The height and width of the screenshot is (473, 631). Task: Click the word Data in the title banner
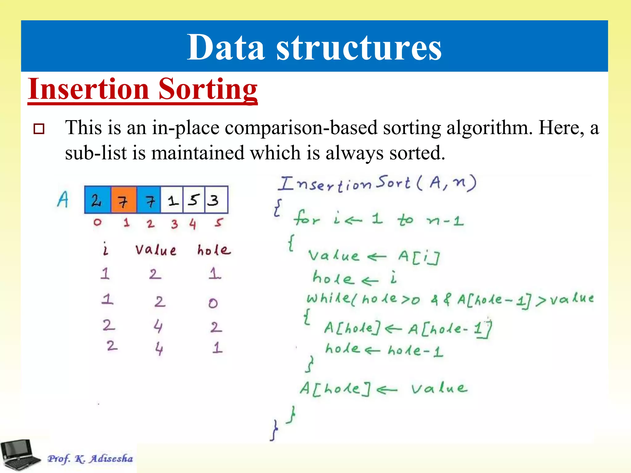tap(226, 48)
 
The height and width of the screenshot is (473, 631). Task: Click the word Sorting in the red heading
tap(208, 89)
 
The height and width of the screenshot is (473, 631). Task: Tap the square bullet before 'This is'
tap(39, 129)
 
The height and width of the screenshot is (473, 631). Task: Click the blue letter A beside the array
tap(63, 200)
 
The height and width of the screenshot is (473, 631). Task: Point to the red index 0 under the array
tap(97, 222)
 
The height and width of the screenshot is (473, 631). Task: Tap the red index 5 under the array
tap(218, 222)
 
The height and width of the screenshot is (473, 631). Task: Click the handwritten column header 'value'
tap(156, 250)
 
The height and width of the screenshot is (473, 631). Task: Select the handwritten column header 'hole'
tap(214, 250)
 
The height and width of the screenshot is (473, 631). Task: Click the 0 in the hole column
tap(213, 303)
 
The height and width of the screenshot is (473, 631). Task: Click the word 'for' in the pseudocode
tap(307, 219)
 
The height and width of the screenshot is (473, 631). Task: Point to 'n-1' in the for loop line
tap(445, 220)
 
